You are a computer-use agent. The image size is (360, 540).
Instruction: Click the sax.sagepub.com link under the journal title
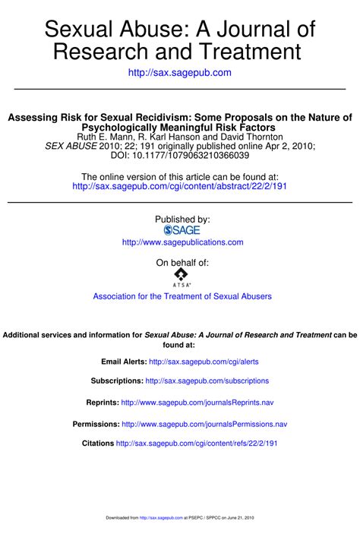pos(180,72)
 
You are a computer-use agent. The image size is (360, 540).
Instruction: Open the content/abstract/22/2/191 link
pos(180,185)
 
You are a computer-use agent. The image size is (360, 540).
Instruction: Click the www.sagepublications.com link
pos(182,242)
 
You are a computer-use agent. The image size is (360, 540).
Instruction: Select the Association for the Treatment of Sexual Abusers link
pos(182,296)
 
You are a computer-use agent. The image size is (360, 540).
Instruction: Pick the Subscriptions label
pos(116,381)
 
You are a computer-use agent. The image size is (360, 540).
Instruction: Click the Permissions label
pos(96,424)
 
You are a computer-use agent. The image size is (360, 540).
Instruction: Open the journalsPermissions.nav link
pos(204,424)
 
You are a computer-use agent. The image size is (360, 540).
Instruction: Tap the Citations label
pos(97,443)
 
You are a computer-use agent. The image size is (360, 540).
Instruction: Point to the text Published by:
pos(182,219)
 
